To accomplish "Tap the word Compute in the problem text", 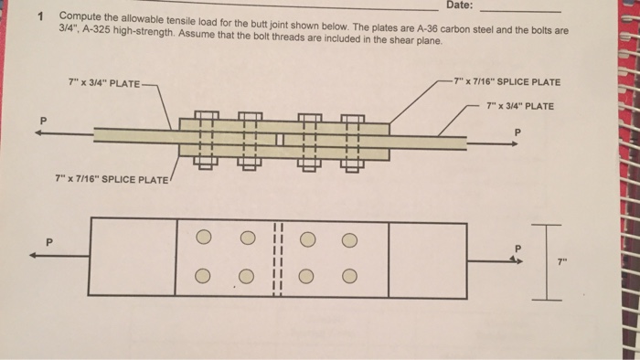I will (80, 17).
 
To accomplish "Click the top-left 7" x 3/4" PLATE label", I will (104, 84).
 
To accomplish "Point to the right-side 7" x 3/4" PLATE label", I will (520, 106).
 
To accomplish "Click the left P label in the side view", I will (39, 121).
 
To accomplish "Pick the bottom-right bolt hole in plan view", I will (348, 277).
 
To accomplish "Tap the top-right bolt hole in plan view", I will (348, 241).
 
